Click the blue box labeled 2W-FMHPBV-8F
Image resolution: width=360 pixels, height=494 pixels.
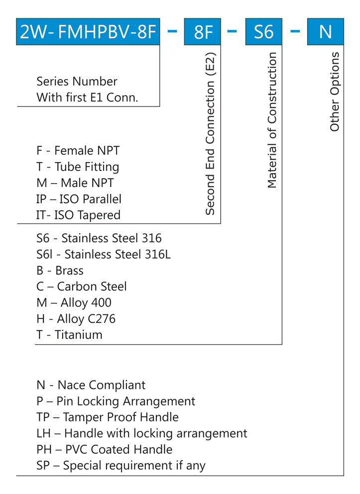[x=88, y=32]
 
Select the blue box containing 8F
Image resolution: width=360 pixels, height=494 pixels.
[x=203, y=32]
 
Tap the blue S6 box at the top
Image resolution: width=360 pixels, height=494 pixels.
[x=264, y=32]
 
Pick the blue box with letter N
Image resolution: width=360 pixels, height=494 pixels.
[x=325, y=32]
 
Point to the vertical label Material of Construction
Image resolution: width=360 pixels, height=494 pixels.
[x=272, y=121]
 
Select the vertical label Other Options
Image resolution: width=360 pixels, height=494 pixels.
[x=335, y=92]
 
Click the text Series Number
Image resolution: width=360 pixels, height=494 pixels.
[x=77, y=82]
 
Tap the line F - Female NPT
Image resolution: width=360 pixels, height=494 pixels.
[x=78, y=151]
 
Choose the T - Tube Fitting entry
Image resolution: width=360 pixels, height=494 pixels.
[x=78, y=167]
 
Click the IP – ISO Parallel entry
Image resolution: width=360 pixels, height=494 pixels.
[x=79, y=199]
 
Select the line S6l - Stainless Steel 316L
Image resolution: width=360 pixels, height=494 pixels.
[x=104, y=255]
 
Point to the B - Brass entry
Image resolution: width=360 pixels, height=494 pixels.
[x=60, y=271]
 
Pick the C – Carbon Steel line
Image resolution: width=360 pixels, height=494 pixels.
[x=82, y=287]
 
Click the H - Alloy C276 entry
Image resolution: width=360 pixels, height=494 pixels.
[x=76, y=318]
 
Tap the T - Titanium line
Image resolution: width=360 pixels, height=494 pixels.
[x=69, y=335]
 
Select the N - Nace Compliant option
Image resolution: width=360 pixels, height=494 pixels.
[x=91, y=385]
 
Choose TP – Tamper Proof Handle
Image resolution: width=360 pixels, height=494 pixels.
[x=108, y=417]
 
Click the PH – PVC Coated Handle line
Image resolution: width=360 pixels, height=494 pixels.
[x=105, y=449]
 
